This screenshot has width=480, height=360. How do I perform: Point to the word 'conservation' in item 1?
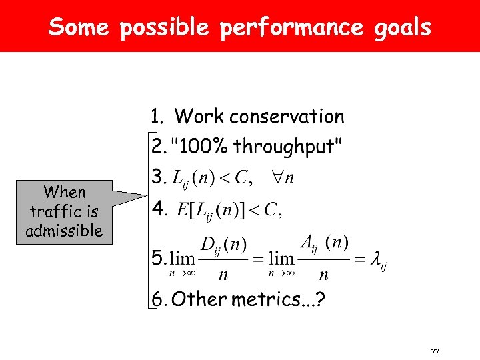tap(287, 117)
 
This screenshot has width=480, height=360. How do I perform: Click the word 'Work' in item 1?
tap(199, 117)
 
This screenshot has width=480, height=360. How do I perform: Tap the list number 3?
tap(157, 177)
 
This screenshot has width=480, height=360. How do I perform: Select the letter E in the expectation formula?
tap(183, 210)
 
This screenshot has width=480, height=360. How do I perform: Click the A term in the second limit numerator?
tap(307, 244)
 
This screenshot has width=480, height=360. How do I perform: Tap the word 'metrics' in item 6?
tap(261, 299)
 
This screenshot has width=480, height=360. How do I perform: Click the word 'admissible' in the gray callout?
tap(64, 231)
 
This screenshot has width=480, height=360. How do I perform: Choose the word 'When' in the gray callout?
tap(65, 193)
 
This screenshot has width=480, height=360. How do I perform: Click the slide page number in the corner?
tap(435, 351)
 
